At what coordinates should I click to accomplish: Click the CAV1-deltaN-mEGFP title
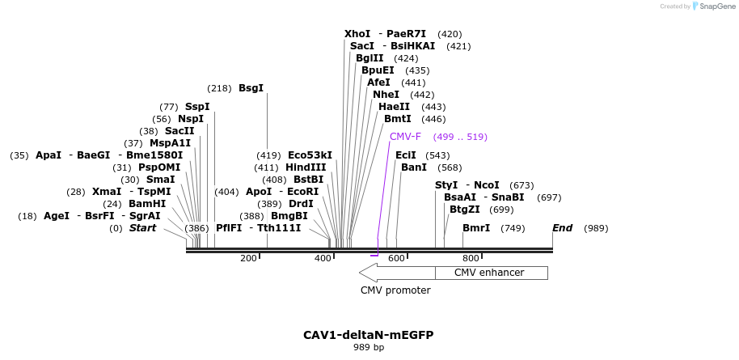click(369, 335)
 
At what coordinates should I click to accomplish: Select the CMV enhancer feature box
click(489, 273)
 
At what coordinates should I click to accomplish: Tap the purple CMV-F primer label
click(405, 137)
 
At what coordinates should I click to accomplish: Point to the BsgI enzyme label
click(251, 88)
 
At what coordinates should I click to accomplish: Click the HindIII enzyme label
click(306, 167)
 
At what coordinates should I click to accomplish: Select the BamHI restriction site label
click(147, 204)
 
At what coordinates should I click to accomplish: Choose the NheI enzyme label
click(386, 95)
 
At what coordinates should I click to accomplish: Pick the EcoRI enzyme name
click(303, 192)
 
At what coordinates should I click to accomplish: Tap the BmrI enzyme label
click(476, 228)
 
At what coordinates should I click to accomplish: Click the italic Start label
click(143, 228)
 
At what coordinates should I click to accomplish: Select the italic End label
click(563, 228)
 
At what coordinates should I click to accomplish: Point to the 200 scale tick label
click(248, 258)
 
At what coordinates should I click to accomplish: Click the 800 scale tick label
click(470, 258)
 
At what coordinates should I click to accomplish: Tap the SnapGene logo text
click(716, 6)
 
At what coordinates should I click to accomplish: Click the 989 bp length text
click(369, 348)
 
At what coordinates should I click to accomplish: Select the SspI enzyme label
click(197, 107)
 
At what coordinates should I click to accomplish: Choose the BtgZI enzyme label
click(465, 210)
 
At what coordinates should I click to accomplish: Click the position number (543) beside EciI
click(437, 155)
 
